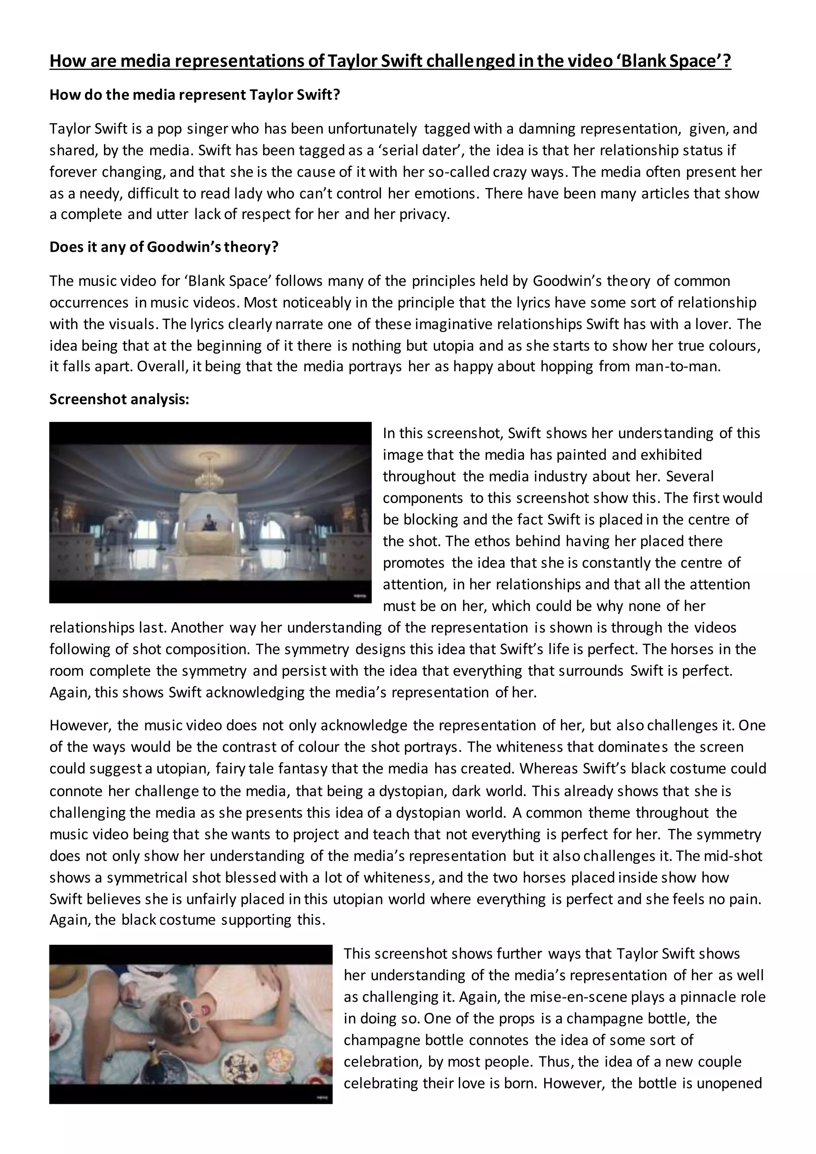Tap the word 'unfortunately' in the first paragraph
pyautogui.click(x=372, y=129)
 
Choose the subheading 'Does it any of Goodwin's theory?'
pyautogui.click(x=164, y=247)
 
